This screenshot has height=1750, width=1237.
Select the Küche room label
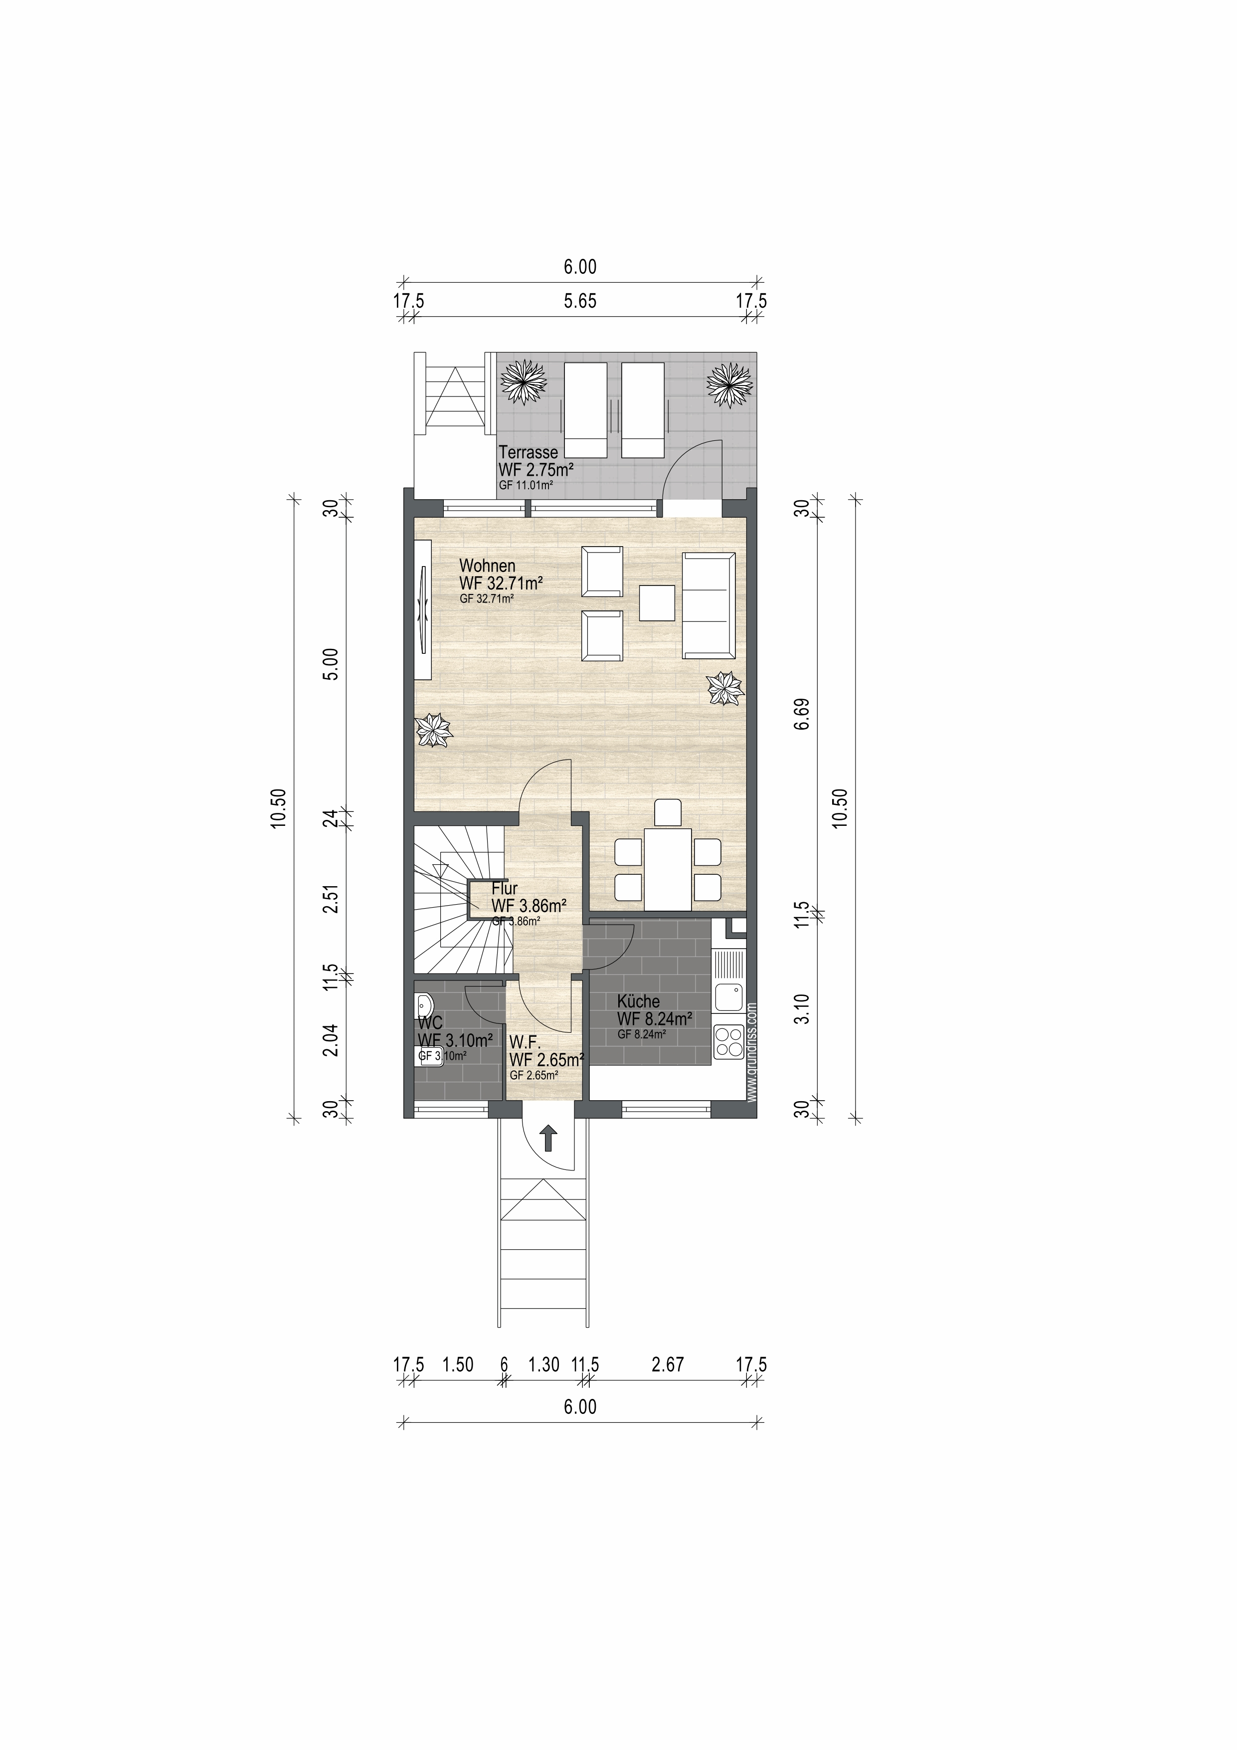(639, 1001)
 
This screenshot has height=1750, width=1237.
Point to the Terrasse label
(528, 452)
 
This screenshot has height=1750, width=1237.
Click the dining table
(669, 869)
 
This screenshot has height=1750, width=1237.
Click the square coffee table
(657, 603)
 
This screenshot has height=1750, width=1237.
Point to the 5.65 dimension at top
(580, 301)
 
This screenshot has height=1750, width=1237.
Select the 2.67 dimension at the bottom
(668, 1364)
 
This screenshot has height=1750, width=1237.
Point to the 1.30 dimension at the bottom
(544, 1364)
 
